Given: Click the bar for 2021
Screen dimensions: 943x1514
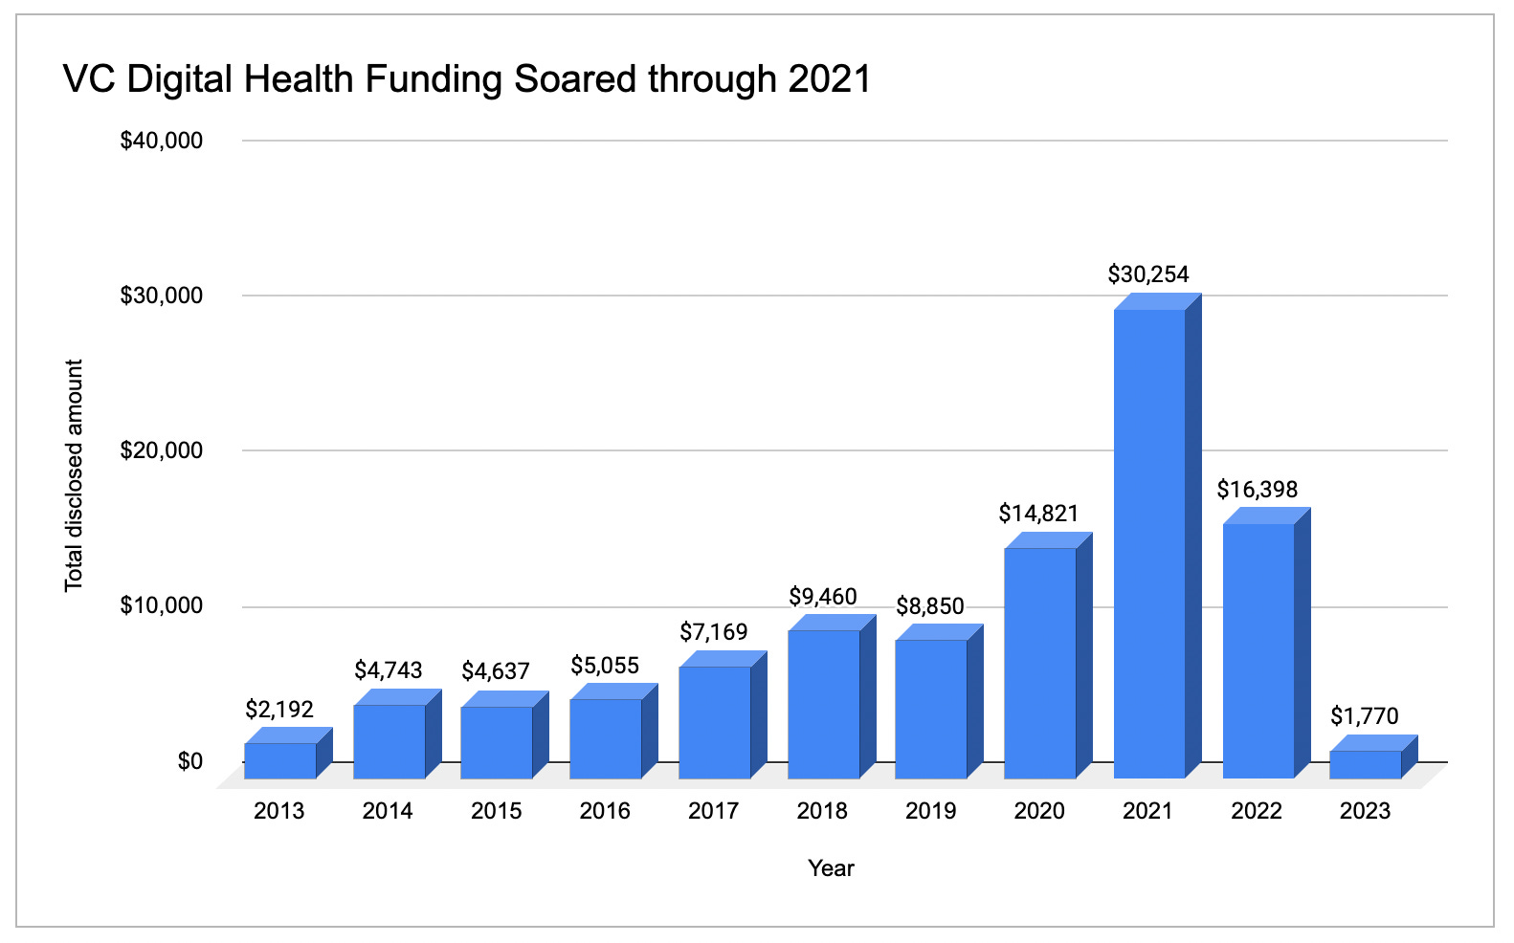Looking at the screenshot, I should (1149, 543).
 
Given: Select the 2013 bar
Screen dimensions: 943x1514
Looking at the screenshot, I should (279, 759).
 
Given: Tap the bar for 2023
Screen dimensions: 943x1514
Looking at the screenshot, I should (1366, 763).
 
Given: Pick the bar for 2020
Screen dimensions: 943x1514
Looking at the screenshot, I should (1040, 662).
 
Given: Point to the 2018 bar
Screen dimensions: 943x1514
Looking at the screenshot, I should (823, 703).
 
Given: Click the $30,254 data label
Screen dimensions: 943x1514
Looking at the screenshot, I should (1148, 274).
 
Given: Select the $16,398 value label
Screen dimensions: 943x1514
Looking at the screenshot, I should (1257, 490).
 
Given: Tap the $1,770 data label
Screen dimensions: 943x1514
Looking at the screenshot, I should (1365, 715).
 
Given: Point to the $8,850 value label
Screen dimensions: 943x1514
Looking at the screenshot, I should (930, 606).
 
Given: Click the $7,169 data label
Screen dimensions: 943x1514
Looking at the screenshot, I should (714, 631).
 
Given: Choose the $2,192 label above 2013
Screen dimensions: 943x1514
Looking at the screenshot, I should (279, 709).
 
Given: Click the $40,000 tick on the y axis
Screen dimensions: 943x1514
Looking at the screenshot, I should (161, 141).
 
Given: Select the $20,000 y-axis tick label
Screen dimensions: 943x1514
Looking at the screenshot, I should (161, 450).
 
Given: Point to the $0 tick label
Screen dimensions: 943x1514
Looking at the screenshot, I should (189, 761).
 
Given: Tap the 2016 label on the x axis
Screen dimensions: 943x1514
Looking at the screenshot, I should (605, 811).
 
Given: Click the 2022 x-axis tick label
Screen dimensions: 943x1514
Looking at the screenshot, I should (1257, 811).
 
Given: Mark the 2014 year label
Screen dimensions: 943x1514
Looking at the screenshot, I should (388, 811).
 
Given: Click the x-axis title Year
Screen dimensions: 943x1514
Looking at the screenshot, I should (831, 868).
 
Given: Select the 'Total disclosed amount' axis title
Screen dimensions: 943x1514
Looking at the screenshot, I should (75, 475).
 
